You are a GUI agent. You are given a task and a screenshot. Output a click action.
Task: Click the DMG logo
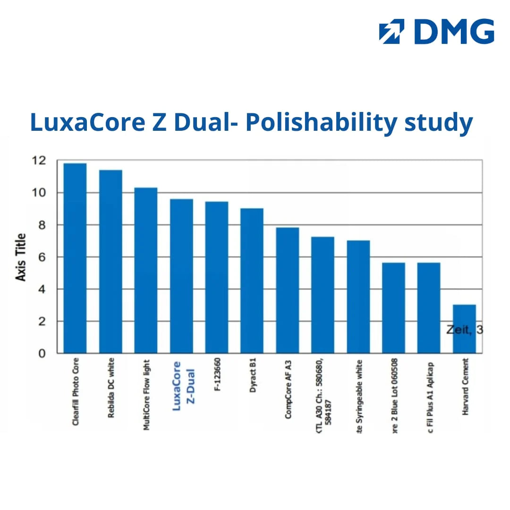tap(436, 32)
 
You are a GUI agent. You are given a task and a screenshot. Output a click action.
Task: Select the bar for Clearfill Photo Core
tap(75, 258)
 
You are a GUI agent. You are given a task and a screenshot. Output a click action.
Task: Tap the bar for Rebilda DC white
tap(110, 262)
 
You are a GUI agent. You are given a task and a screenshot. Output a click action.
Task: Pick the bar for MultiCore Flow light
tap(146, 270)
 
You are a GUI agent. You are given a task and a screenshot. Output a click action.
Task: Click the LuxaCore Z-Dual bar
tap(181, 276)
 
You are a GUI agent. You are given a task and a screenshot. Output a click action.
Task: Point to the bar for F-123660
tap(217, 278)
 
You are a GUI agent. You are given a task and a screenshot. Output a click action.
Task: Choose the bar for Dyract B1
tap(252, 281)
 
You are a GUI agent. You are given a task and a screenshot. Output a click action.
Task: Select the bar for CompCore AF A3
tap(287, 290)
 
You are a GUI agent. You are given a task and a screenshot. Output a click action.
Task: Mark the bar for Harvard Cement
tap(464, 329)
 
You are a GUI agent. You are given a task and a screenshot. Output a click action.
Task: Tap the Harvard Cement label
tap(466, 387)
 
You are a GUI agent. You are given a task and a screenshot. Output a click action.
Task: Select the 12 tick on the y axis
tap(40, 161)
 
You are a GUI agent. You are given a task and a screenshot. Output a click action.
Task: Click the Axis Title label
tap(21, 258)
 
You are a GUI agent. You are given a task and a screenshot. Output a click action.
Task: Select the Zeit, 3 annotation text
tap(465, 330)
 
